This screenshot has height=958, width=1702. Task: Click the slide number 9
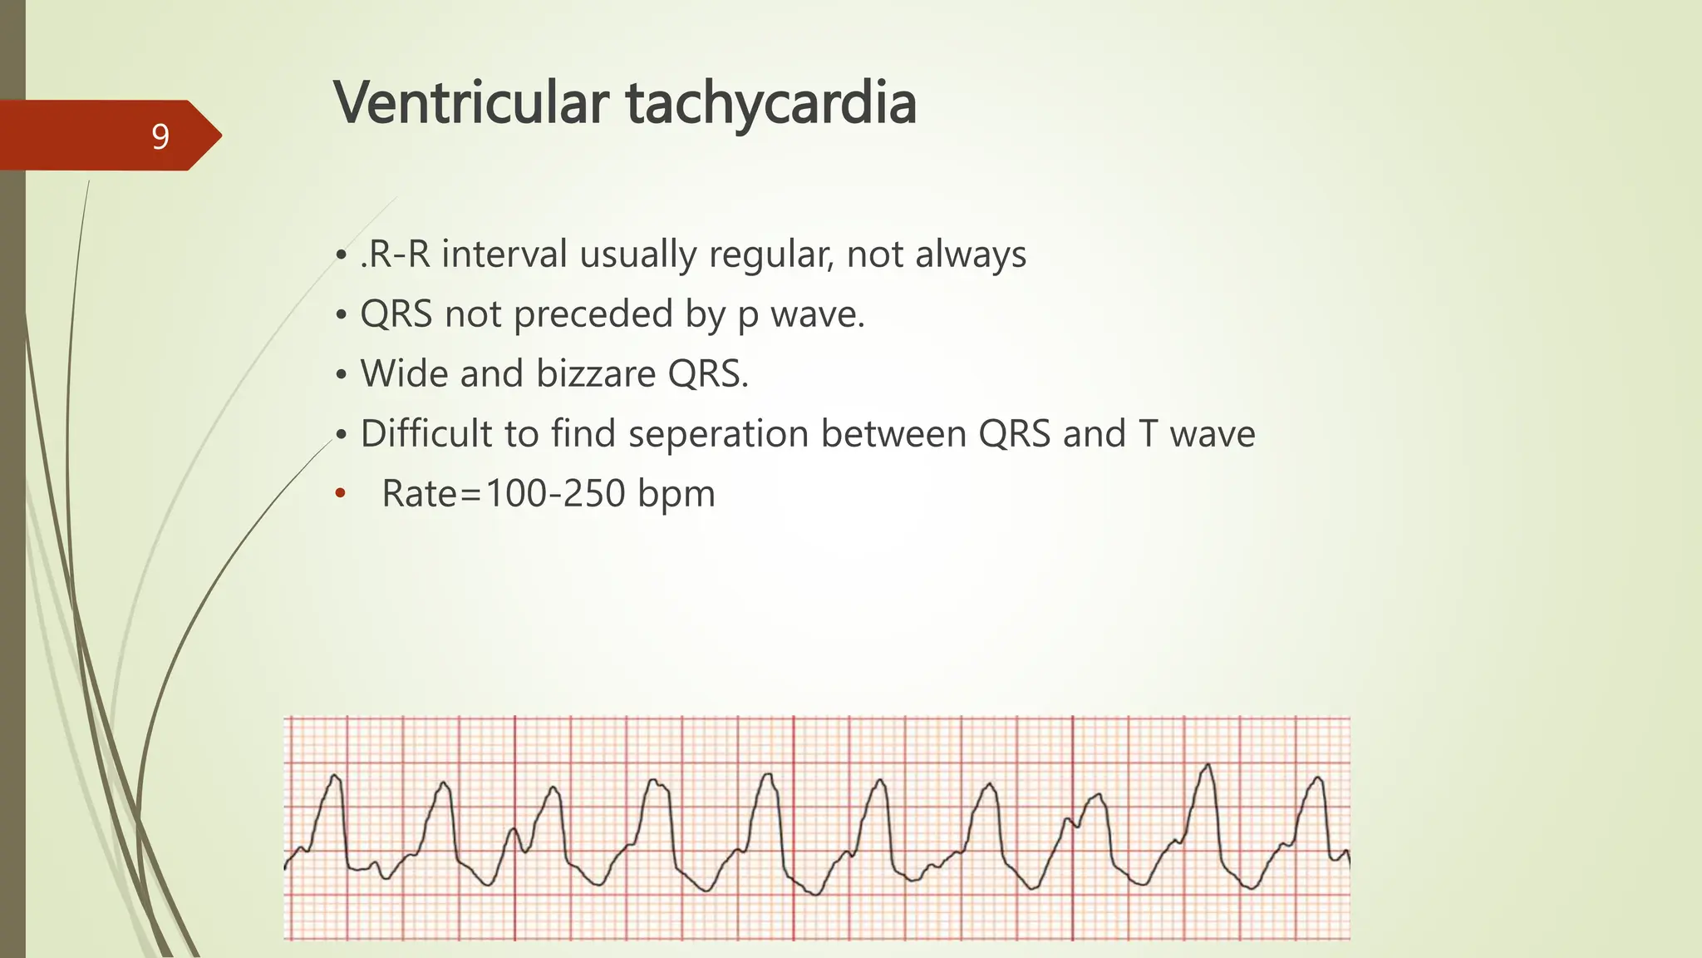(160, 136)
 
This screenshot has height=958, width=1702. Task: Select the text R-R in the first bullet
(396, 254)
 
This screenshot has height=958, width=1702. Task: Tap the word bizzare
(596, 374)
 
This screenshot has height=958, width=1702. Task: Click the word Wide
(404, 374)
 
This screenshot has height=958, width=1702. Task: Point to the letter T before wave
(1148, 434)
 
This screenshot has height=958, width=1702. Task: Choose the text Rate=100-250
(504, 494)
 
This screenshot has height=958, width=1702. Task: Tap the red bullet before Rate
(339, 494)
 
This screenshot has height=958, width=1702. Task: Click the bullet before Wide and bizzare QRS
(341, 375)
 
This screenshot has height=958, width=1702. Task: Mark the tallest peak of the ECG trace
(1208, 764)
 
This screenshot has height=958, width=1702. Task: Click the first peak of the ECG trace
(335, 776)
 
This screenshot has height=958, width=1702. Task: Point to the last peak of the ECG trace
(1318, 778)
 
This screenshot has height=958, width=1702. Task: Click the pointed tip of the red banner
(221, 136)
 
